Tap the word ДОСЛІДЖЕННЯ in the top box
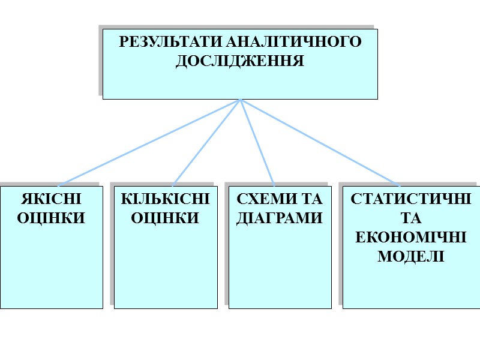point(240,61)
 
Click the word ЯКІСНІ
point(52,199)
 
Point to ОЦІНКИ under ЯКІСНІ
point(52,218)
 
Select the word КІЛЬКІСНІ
point(166,199)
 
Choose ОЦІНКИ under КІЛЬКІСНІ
point(166,218)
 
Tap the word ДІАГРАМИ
point(280,218)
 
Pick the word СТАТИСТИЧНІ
point(411,199)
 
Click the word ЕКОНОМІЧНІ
point(411,237)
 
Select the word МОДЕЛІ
point(411,256)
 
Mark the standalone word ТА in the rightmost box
point(411,218)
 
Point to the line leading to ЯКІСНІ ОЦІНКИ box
point(150,142)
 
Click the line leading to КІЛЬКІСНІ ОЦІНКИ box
point(207,142)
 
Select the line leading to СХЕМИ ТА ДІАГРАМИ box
point(257,142)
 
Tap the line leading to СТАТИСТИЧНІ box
point(318,142)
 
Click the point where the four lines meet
point(240,100)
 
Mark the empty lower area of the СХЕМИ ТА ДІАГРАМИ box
point(280,270)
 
